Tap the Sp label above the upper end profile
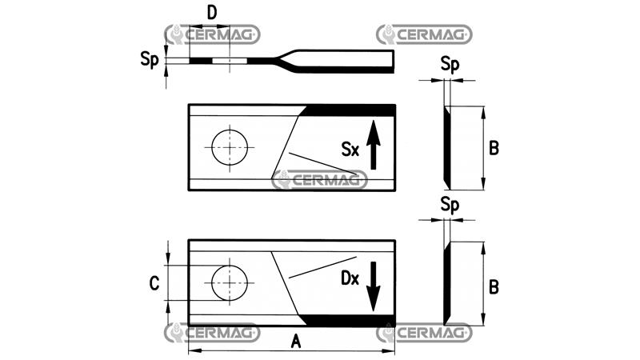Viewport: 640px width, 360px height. (x=450, y=66)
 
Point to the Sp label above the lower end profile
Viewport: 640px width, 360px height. (x=450, y=206)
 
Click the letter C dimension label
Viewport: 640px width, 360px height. (x=155, y=282)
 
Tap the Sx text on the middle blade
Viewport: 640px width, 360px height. (x=350, y=149)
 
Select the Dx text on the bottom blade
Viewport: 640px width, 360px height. (x=350, y=280)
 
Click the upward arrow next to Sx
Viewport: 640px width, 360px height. (x=374, y=145)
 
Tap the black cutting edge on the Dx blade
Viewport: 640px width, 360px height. (x=352, y=321)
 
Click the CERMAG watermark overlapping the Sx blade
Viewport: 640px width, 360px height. (x=320, y=180)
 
